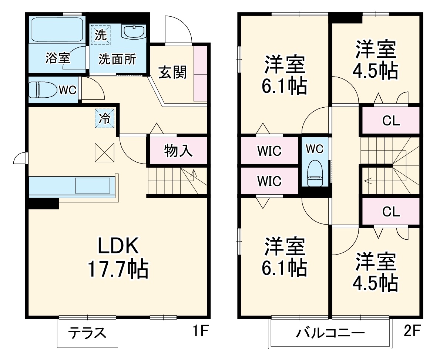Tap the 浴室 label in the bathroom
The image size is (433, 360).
(58, 58)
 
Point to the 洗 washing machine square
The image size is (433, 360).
(101, 34)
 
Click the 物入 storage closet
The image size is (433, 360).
(178, 151)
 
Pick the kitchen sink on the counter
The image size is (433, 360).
(93, 185)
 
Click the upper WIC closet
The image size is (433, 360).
(269, 151)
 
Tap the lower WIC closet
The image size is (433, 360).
(269, 181)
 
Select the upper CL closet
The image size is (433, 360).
(391, 121)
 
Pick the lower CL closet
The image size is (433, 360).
(391, 212)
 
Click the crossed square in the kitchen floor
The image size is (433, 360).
(104, 152)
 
